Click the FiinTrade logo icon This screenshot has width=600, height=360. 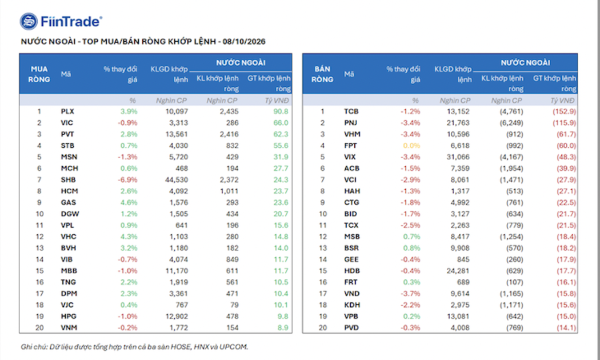[x=29, y=21]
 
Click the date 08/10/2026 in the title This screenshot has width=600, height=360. [x=244, y=42]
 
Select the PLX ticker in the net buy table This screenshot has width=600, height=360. [x=67, y=111]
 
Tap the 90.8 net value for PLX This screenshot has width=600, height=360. [x=281, y=111]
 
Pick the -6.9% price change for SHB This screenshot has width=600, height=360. [x=127, y=179]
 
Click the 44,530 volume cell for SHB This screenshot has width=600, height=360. [x=177, y=179]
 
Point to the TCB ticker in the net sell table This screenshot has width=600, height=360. [x=351, y=111]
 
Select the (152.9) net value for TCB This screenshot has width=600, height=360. [x=564, y=111]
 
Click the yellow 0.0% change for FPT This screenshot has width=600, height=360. [x=411, y=145]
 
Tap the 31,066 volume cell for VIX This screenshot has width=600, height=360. [x=458, y=157]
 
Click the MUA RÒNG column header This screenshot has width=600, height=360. [x=39, y=74]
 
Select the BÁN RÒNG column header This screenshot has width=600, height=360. [x=322, y=74]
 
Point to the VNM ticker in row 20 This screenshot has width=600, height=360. [x=69, y=327]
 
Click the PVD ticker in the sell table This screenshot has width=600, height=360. [x=351, y=327]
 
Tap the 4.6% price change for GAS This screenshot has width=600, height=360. [x=129, y=202]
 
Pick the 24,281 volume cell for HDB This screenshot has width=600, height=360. [x=458, y=270]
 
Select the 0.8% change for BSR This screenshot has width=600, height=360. [x=412, y=248]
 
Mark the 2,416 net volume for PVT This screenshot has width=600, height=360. [x=229, y=134]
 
